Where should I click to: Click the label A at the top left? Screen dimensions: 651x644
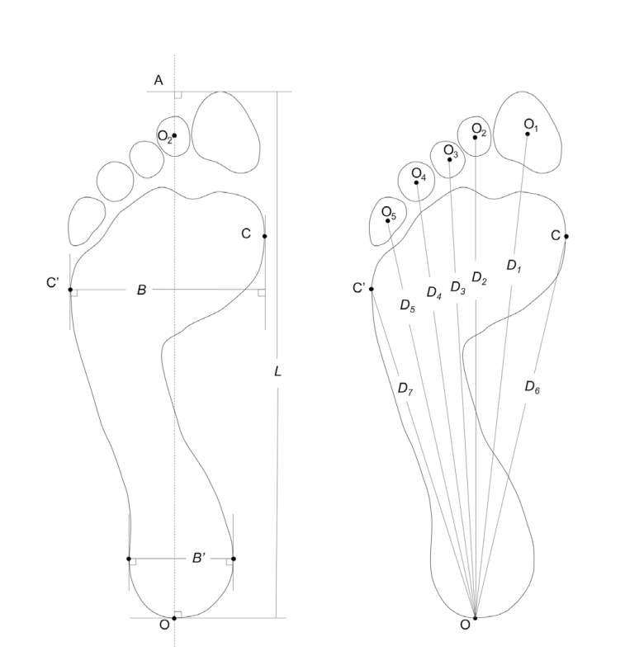click(x=159, y=79)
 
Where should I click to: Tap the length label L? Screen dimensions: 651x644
click(x=277, y=372)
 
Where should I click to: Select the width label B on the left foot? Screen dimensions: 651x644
click(x=141, y=290)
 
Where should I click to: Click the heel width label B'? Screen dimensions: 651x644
click(x=198, y=558)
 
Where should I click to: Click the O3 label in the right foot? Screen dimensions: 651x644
click(x=450, y=150)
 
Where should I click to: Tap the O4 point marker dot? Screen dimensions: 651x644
click(x=416, y=182)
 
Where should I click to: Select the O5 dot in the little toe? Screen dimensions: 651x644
click(x=388, y=220)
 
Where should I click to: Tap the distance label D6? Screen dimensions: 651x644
click(x=533, y=385)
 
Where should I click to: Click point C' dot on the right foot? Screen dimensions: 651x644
click(x=372, y=289)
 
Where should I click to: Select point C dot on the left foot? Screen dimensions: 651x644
click(x=264, y=237)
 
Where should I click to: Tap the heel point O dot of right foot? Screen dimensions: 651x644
click(x=475, y=617)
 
